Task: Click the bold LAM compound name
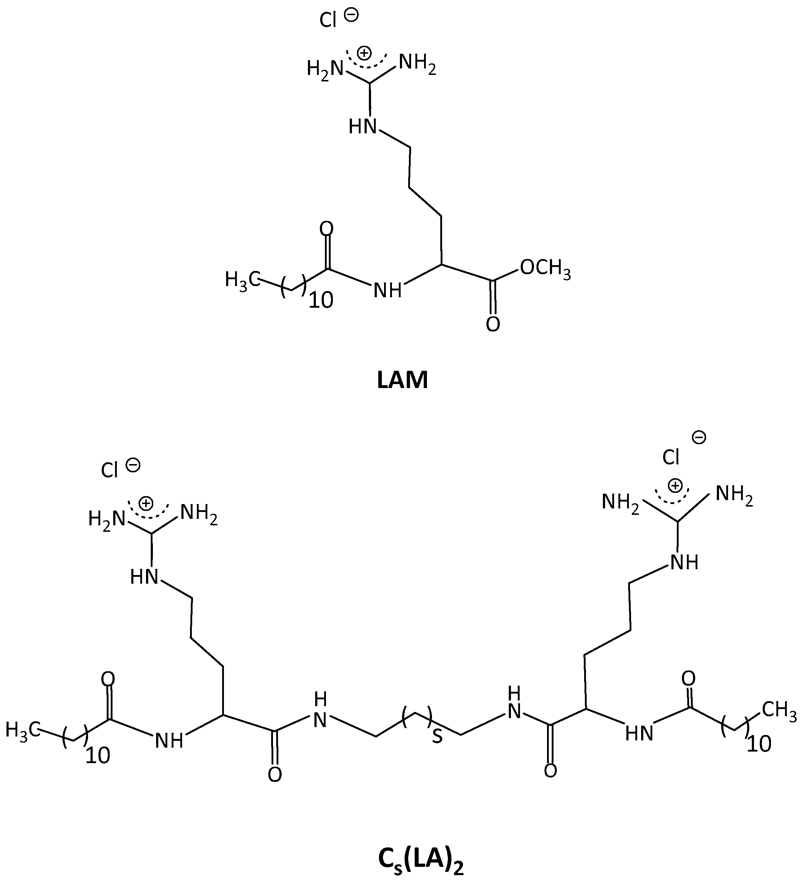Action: (402, 380)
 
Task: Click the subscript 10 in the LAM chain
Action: (321, 300)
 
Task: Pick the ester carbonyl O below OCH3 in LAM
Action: (493, 325)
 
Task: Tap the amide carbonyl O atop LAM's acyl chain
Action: (327, 229)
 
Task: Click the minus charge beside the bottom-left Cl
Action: (133, 465)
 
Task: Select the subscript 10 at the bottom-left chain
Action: (97, 756)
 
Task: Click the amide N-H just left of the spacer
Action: (320, 711)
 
